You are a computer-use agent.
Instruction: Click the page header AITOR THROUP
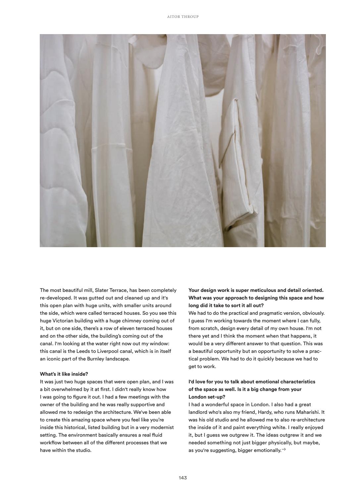coord(183,17)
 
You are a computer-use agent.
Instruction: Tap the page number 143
coord(183,478)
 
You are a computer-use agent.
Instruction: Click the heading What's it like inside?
coord(64,374)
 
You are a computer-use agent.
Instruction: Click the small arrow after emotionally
coord(284,450)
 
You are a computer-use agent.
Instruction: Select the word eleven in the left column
coord(131,328)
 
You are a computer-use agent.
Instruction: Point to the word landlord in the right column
coord(198,412)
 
